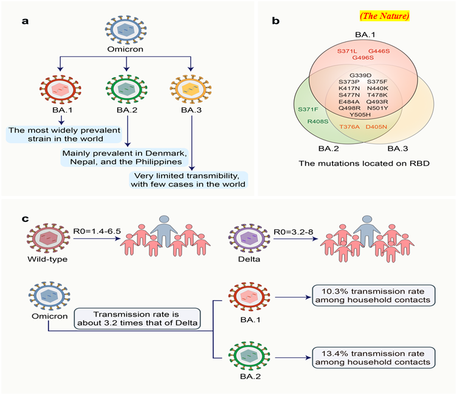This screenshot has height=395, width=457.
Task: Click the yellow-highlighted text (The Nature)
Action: pos(385,16)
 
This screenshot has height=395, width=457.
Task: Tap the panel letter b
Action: pos(275,21)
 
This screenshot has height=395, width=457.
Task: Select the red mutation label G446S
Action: pos(379,51)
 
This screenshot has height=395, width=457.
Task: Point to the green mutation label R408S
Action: pos(318,122)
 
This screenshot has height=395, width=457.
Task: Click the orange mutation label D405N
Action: pos(376,127)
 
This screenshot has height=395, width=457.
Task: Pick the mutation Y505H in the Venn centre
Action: pos(360,115)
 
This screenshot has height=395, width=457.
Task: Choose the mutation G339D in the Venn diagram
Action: pos(360,75)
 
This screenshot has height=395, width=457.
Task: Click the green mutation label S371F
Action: pos(308,109)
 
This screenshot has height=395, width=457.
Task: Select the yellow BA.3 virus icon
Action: pos(191,89)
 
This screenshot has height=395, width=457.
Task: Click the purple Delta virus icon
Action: pos(250,239)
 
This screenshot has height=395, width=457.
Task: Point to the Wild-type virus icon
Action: pos(49,238)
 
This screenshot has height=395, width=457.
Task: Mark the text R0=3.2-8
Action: pos(293,232)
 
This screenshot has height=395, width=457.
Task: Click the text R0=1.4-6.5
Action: pos(97,232)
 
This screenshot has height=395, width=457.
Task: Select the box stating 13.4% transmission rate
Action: pos(373,358)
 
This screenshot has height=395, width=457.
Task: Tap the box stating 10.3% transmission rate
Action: pos(373,295)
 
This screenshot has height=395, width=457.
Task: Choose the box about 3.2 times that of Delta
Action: pos(137,318)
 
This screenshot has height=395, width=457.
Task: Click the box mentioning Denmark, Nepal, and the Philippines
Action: pos(125,157)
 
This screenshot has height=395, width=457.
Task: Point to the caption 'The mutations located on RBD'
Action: pos(364,163)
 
